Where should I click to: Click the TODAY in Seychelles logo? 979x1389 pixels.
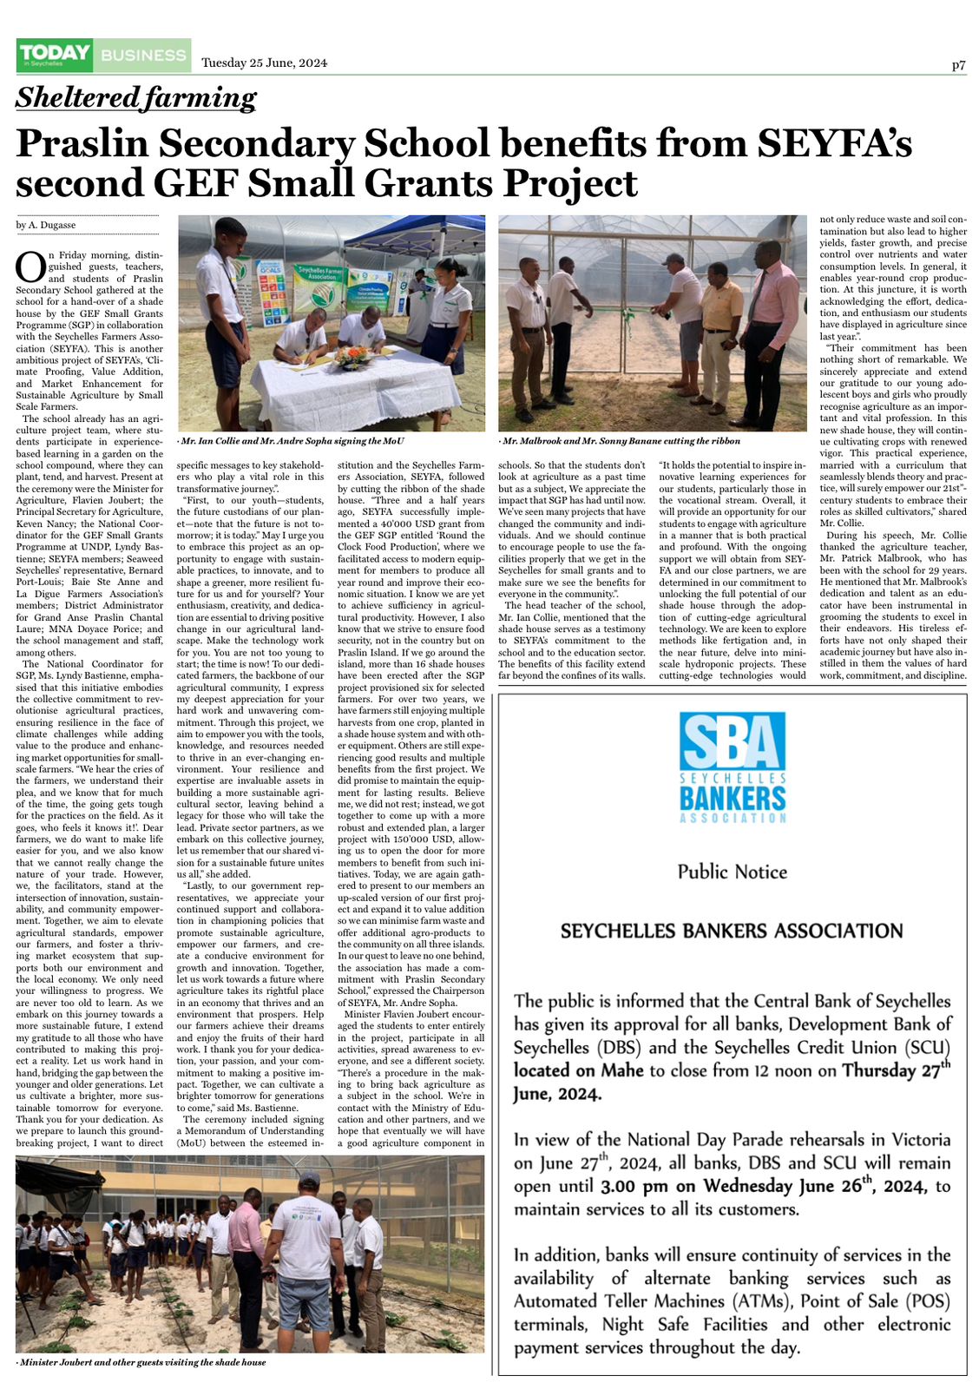point(55,55)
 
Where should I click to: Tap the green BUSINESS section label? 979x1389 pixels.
point(143,56)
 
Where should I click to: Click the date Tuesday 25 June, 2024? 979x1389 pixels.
point(264,63)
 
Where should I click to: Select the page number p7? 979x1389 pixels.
point(958,65)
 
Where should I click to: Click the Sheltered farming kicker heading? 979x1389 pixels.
point(136,97)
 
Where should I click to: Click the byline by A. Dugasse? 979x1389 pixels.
point(46,225)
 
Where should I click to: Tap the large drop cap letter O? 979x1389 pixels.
point(30,267)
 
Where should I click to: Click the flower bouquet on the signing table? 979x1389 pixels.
point(352,356)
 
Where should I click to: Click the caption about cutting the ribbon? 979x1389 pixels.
point(620,441)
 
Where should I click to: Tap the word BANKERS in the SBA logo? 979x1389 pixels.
point(733,796)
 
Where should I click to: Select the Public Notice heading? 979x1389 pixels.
point(733,872)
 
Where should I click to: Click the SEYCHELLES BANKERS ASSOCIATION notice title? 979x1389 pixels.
point(732,931)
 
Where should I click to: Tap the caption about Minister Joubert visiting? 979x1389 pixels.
point(142,1362)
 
